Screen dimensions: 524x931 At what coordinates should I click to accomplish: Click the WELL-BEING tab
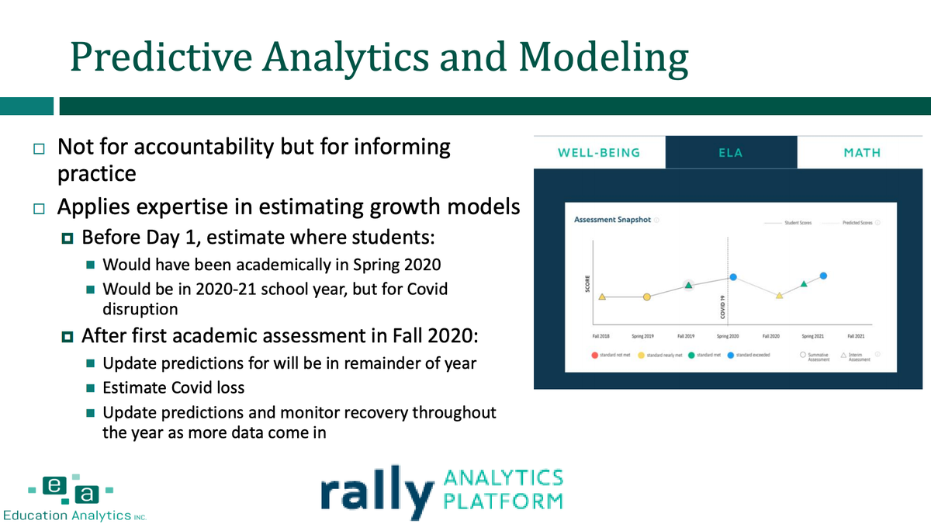tap(599, 152)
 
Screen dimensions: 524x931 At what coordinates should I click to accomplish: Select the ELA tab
tap(731, 152)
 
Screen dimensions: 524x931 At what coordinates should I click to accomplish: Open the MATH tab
tap(862, 152)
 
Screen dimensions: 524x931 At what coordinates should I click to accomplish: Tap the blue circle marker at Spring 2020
tap(733, 277)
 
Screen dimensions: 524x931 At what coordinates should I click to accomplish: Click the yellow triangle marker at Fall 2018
tap(602, 297)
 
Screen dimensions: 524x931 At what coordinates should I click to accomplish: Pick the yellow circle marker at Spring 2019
tap(646, 297)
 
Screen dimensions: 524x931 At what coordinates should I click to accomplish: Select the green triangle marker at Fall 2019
tap(688, 286)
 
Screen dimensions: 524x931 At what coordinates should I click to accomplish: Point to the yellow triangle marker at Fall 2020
tap(779, 295)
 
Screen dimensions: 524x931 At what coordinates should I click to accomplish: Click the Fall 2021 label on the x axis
tap(856, 335)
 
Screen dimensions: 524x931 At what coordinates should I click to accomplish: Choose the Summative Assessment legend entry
tap(815, 356)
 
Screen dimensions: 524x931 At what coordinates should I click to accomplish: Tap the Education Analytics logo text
tap(74, 515)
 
